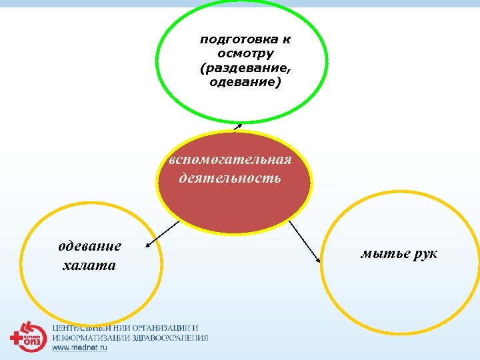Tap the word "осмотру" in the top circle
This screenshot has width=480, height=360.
(245, 53)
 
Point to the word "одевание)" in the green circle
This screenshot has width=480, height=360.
(245, 83)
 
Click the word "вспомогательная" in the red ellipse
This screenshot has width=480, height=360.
(230, 161)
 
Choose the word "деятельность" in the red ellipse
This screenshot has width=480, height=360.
(230, 178)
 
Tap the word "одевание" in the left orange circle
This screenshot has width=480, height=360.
(90, 246)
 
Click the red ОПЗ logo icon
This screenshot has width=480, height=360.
(28, 337)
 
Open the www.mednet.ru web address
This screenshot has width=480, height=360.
(80, 348)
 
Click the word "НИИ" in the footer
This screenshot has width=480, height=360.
(123, 328)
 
